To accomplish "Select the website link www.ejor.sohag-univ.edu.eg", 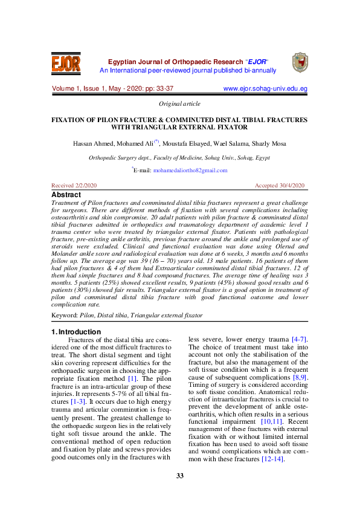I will [x=265, y=88].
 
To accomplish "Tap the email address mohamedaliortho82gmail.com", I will [x=190, y=170].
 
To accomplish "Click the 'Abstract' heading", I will [x=66, y=195].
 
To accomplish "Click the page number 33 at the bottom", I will [x=179, y=476].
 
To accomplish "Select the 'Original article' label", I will [x=179, y=104].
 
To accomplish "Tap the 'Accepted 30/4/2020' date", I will [x=280, y=185].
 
